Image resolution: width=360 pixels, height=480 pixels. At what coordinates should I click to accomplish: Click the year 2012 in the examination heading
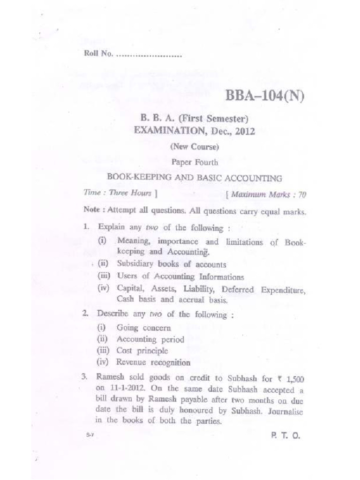(x=245, y=131)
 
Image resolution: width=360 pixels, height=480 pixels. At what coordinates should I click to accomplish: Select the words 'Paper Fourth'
(x=195, y=163)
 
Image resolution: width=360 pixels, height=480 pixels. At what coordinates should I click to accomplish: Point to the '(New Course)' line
(x=195, y=147)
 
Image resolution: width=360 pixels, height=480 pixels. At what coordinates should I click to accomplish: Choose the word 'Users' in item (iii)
(x=126, y=277)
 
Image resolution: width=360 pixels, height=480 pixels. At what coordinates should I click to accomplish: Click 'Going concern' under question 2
(x=143, y=328)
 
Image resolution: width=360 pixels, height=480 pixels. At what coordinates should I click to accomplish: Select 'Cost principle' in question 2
(x=142, y=351)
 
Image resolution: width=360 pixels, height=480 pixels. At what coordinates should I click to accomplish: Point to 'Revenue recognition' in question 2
(x=153, y=362)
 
